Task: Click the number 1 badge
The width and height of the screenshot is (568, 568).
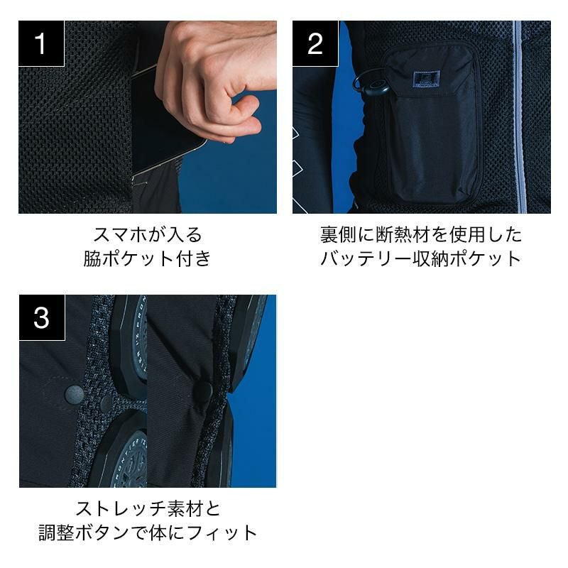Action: pos(41,43)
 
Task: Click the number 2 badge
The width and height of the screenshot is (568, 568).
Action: pos(315,43)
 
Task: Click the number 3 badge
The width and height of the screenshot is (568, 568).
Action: pos(42,317)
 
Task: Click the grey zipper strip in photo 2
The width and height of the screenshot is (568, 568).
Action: pos(518,116)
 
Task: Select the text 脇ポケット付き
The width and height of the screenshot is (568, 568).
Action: pos(148,258)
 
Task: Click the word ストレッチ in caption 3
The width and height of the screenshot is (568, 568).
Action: pos(121,508)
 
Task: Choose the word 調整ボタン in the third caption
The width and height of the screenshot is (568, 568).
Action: pos(84,533)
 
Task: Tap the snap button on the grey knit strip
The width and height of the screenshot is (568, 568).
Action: pos(106,402)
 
